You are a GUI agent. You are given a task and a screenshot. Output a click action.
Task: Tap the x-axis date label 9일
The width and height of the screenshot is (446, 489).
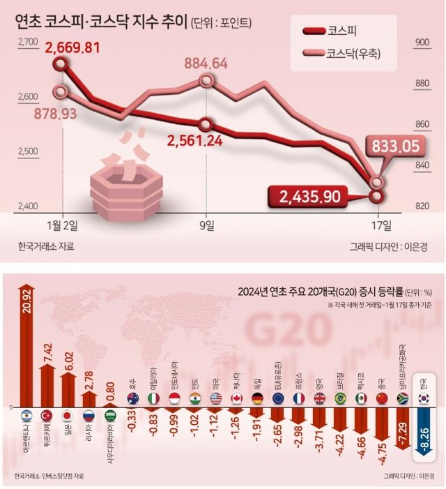(207, 225)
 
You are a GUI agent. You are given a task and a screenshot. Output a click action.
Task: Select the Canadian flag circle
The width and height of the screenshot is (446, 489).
(236, 398)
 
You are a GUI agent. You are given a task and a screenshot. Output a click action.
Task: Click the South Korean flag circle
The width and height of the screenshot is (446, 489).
(422, 398)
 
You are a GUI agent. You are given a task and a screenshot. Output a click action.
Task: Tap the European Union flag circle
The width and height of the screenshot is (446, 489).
(278, 398)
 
